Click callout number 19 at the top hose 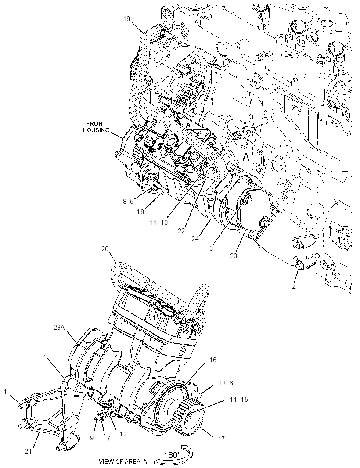click(126, 19)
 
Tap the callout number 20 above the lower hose click(105, 248)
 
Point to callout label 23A click(59, 328)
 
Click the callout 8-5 click(128, 201)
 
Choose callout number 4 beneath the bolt click(294, 288)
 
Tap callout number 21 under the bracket click(28, 452)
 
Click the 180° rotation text click(172, 455)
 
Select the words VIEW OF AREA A click(122, 461)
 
